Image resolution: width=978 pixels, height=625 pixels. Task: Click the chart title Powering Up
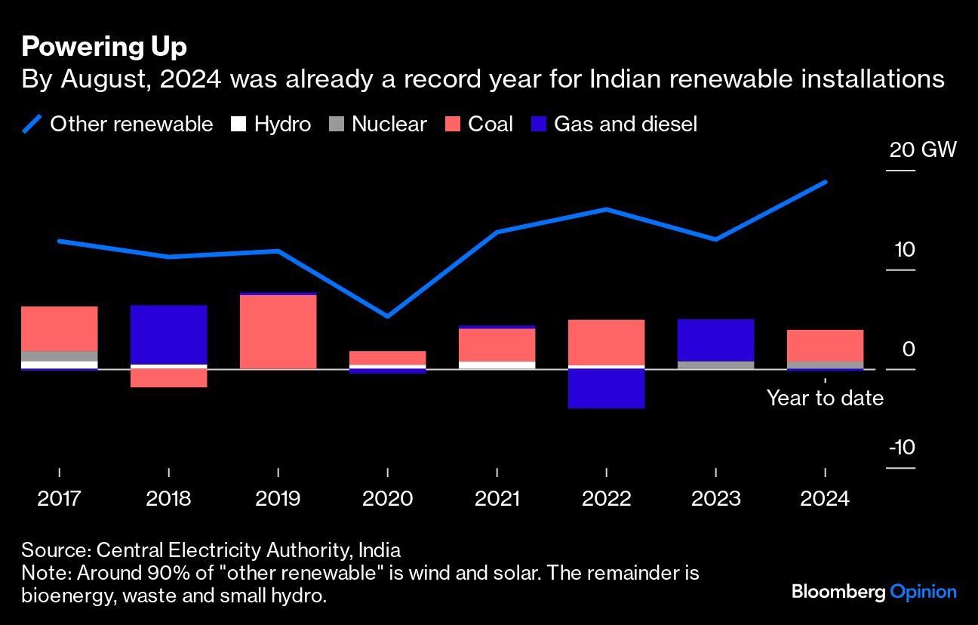104,48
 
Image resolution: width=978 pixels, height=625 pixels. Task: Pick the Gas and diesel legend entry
625,125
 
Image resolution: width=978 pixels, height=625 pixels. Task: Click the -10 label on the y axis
903,448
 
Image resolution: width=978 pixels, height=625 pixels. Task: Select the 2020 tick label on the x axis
388,499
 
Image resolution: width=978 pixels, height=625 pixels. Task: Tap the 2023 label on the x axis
715,499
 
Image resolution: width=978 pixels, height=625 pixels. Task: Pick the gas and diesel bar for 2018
169,334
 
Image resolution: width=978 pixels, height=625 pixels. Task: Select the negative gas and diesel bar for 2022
607,389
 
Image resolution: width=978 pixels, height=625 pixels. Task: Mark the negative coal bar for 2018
169,378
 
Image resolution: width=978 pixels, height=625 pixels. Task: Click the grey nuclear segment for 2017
60,356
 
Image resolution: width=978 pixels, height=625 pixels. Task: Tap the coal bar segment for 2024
825,345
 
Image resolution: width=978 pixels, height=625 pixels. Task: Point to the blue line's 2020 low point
388,316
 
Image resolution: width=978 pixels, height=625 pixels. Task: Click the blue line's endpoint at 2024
826,182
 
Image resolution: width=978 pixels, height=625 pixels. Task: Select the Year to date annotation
825,398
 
